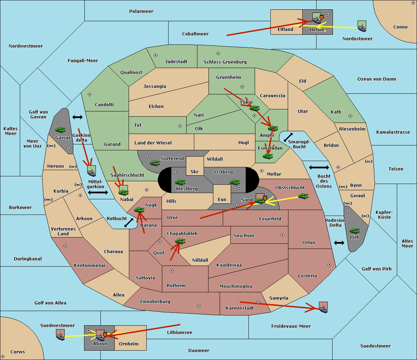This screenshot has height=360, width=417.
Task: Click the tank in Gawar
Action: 60,129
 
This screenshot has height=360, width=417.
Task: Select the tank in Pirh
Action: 354,231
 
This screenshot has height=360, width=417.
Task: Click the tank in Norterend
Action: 155,163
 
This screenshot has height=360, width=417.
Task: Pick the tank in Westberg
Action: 180,182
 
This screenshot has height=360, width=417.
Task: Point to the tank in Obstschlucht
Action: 303,196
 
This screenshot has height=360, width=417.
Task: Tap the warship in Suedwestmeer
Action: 60,335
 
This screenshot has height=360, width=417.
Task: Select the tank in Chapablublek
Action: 180,241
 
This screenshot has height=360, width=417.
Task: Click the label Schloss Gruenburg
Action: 225,62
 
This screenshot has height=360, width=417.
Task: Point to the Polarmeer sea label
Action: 141,11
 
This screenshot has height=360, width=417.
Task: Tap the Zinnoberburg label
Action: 155,302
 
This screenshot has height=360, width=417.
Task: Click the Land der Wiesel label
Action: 153,143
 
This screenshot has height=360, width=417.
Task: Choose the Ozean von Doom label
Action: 377,79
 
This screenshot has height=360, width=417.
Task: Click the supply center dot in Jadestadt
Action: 156,55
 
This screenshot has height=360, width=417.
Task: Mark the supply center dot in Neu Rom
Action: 283,235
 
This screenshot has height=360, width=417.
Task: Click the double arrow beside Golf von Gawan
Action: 77,117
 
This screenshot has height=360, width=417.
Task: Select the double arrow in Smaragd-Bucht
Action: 288,137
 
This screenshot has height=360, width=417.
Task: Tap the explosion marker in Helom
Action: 321,17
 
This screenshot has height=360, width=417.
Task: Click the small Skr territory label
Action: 195,171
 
